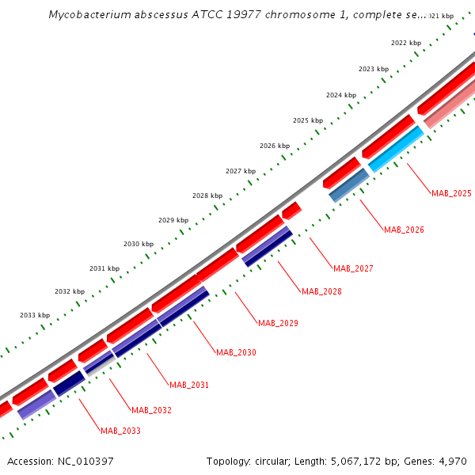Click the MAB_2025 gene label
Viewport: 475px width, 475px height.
click(x=451, y=193)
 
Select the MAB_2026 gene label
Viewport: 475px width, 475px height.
click(x=404, y=230)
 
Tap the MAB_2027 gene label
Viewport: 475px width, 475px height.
click(x=353, y=268)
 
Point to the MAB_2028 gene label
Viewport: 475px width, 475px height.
click(x=321, y=291)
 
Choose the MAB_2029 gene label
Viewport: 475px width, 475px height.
click(x=278, y=323)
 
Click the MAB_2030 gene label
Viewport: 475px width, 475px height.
click(x=236, y=352)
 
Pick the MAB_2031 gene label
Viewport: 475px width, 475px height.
click(x=189, y=385)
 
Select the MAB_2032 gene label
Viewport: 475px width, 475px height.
click(x=151, y=410)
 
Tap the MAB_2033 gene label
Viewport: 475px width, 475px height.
click(x=120, y=431)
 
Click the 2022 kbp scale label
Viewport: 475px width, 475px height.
click(x=406, y=43)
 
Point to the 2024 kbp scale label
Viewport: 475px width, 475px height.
click(x=341, y=95)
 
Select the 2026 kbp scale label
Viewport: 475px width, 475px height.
click(x=275, y=146)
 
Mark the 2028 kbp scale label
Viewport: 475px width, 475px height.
click(x=207, y=196)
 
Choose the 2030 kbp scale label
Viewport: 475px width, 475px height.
click(x=139, y=244)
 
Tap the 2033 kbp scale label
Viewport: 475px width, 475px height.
click(x=35, y=315)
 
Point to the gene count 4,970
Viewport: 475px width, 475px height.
click(x=451, y=461)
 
